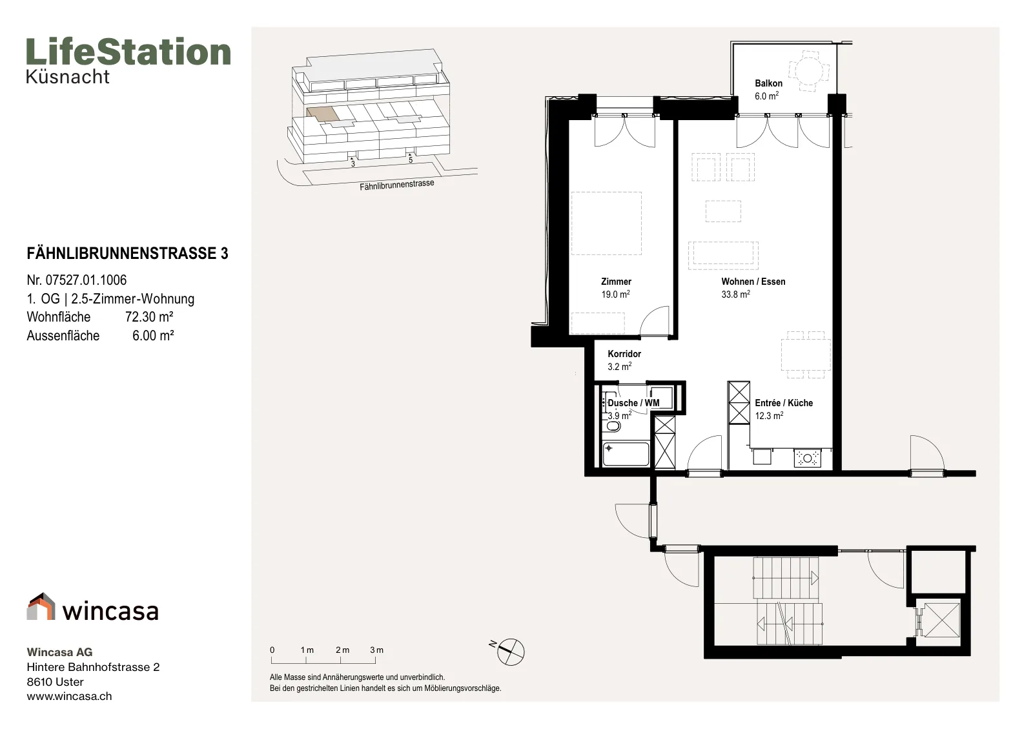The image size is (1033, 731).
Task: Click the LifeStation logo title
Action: coord(128,52)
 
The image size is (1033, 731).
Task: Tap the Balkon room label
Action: coord(768,83)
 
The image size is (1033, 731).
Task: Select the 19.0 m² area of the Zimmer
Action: coord(615,294)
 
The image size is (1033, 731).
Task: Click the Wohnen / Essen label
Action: coord(753,282)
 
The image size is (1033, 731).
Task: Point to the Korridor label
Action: coord(624,354)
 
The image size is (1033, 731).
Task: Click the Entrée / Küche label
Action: coord(784,402)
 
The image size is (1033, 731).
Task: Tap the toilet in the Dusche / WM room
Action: coord(612,424)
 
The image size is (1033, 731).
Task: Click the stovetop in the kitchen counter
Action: coord(807,458)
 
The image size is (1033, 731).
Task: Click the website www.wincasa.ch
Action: coord(69,696)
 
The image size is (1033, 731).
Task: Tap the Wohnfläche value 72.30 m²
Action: coord(149,317)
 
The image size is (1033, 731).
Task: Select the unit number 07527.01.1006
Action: coord(86,280)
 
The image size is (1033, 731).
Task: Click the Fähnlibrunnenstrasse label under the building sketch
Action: coord(396,185)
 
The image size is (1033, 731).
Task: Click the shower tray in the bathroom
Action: coord(626,454)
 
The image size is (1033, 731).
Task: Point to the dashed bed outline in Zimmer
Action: coord(606,223)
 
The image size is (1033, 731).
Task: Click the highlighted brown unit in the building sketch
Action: coord(322,114)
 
